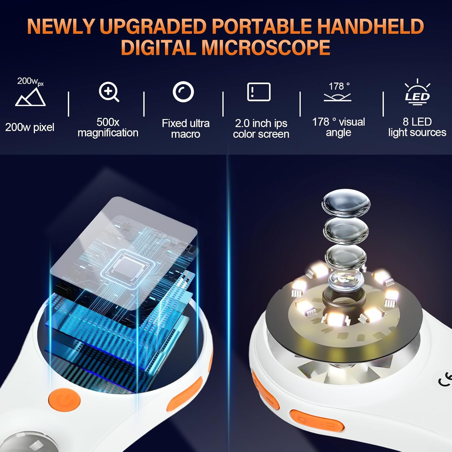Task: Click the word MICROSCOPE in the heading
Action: tap(265, 48)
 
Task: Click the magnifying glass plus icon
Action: tap(109, 92)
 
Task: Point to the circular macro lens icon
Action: tap(183, 92)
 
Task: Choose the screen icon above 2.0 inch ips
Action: tap(259, 92)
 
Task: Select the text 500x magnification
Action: tap(108, 127)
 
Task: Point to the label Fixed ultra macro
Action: tap(186, 128)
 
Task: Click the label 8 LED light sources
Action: tap(417, 127)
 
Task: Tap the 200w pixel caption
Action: tap(30, 127)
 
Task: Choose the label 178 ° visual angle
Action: tap(338, 127)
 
